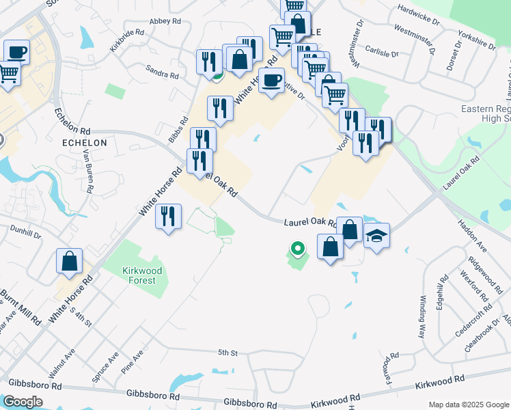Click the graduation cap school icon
[376, 236]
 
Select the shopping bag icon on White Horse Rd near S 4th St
[69, 261]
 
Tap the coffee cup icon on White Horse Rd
[271, 80]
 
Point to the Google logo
[23, 402]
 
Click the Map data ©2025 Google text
[469, 405]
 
